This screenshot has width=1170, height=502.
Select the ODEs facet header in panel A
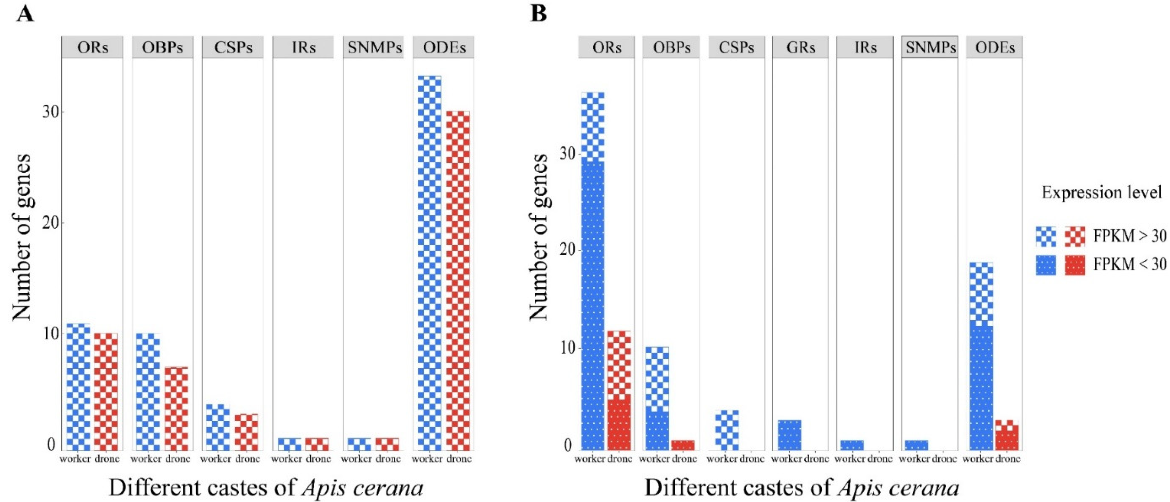tap(444, 47)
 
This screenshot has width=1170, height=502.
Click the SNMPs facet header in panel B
tap(930, 47)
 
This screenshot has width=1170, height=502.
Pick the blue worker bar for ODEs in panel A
tap(429, 264)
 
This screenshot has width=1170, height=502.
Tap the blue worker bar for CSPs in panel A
tap(218, 428)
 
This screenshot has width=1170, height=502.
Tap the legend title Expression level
tap(1101, 193)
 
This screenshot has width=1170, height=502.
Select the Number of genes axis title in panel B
tap(539, 237)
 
